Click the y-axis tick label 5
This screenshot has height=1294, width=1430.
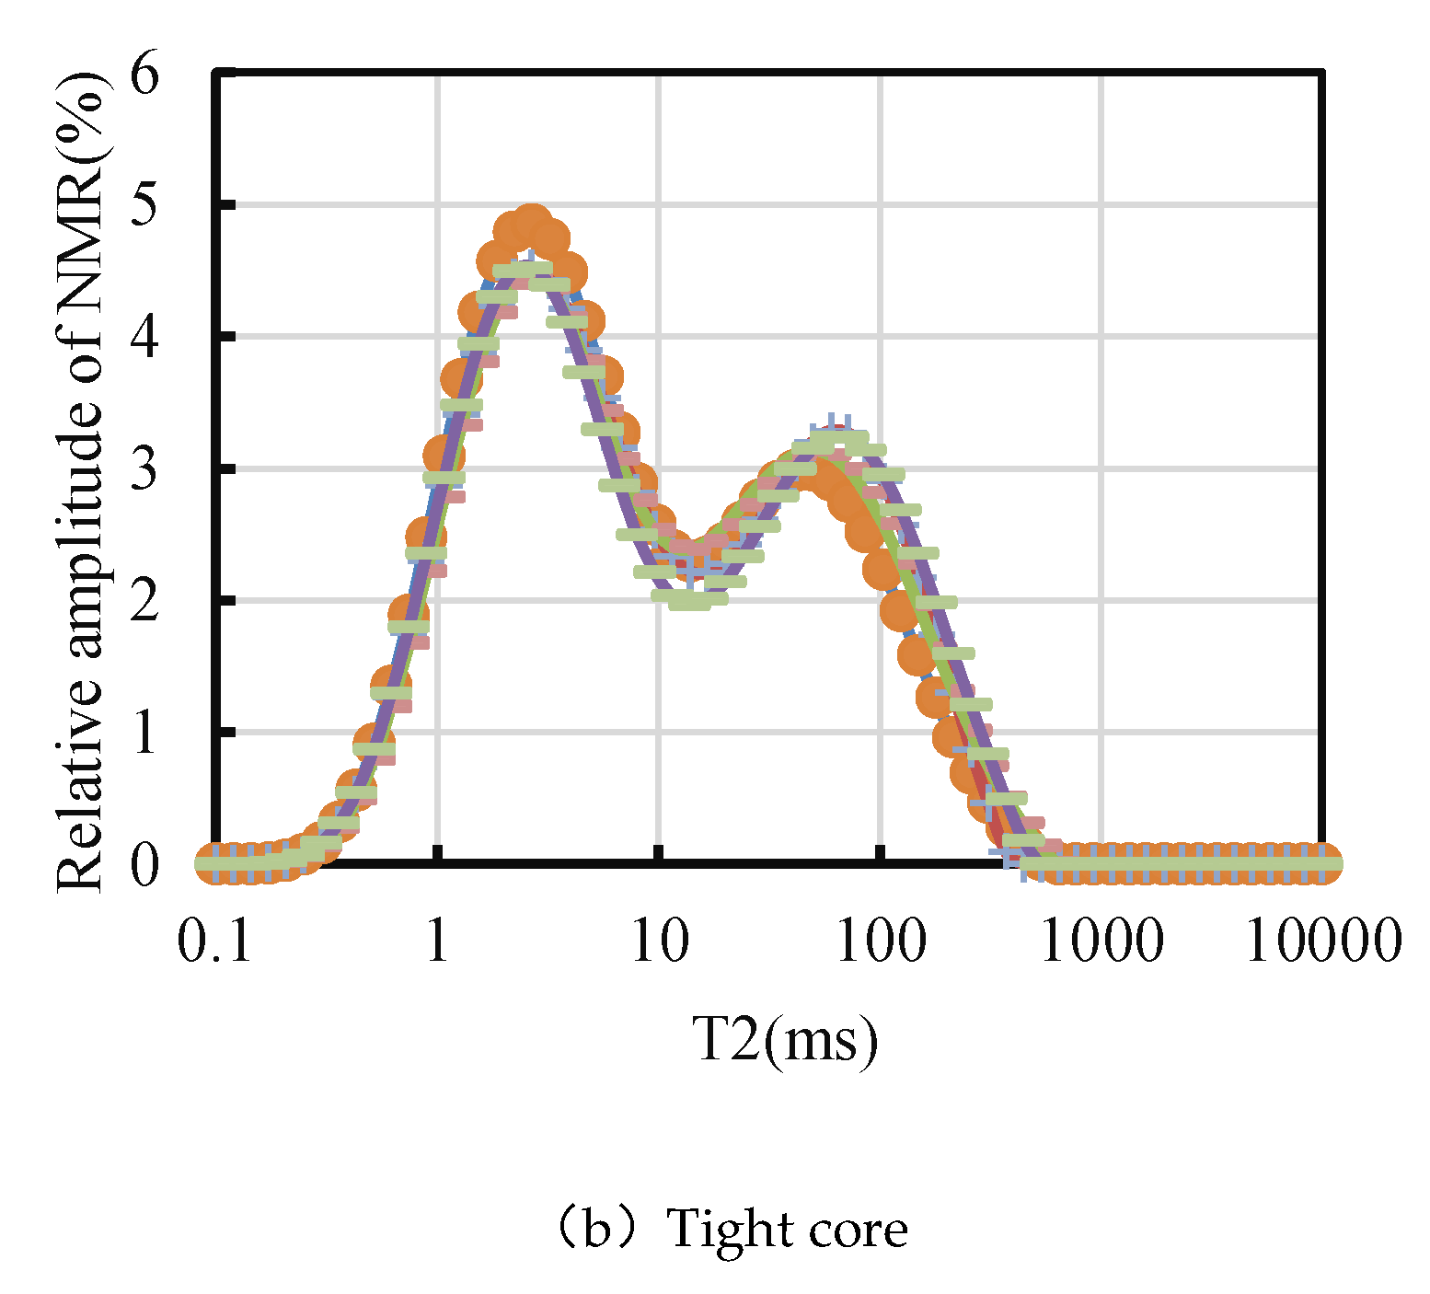click(144, 206)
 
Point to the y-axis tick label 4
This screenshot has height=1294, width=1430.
click(144, 338)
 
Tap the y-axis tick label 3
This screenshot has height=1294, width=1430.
click(144, 469)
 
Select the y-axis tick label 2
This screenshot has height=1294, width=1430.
click(144, 601)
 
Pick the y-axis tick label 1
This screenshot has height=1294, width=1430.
click(144, 733)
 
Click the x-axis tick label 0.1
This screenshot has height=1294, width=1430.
click(215, 941)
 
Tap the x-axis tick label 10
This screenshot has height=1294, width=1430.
click(659, 941)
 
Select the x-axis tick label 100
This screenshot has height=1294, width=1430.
click(881, 941)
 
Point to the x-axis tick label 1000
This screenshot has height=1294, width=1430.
click(1101, 941)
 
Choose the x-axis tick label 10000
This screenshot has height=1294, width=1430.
click(1323, 941)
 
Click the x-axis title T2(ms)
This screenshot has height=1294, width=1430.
click(785, 1041)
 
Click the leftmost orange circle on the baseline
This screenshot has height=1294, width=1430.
click(215, 863)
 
